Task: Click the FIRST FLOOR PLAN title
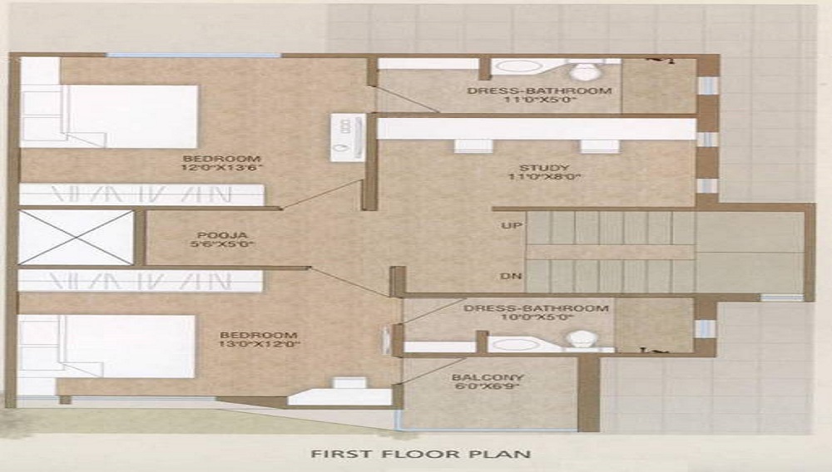[420, 455]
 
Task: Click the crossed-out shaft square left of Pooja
[77, 238]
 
